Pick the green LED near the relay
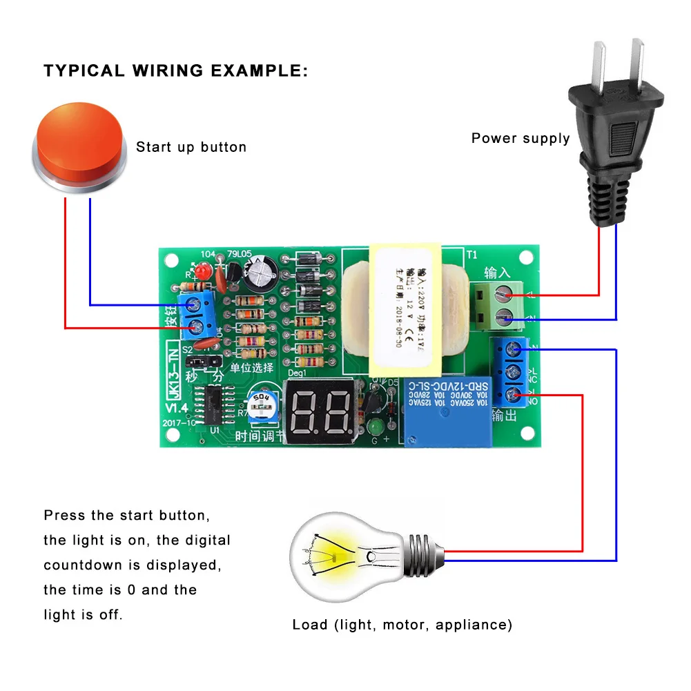[376, 424]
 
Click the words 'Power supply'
[520, 138]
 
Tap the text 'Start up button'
[191, 147]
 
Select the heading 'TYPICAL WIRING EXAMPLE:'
[176, 70]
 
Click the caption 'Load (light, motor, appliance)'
[402, 625]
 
